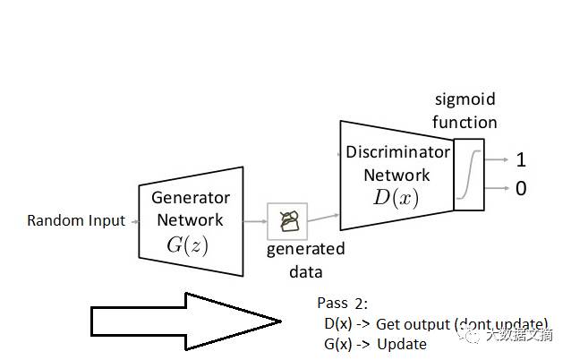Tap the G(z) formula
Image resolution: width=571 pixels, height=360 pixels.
pyautogui.click(x=187, y=244)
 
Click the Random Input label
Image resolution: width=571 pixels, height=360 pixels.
pyautogui.click(x=76, y=220)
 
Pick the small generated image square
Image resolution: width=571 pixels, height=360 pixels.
pyautogui.click(x=287, y=220)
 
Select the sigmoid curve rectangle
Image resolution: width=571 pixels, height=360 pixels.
pyautogui.click(x=469, y=175)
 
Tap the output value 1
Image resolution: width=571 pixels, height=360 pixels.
pyautogui.click(x=521, y=160)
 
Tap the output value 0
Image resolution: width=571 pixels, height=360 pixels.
pyautogui.click(x=521, y=188)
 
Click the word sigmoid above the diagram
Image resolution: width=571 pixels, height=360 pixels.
pyautogui.click(x=464, y=99)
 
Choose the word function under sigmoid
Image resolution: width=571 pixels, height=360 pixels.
pyautogui.click(x=464, y=122)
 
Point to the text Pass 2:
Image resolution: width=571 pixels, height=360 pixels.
pyautogui.click(x=342, y=303)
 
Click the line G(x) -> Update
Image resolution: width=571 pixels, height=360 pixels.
pyautogui.click(x=376, y=344)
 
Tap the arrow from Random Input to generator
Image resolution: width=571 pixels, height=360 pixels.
pyautogui.click(x=134, y=220)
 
